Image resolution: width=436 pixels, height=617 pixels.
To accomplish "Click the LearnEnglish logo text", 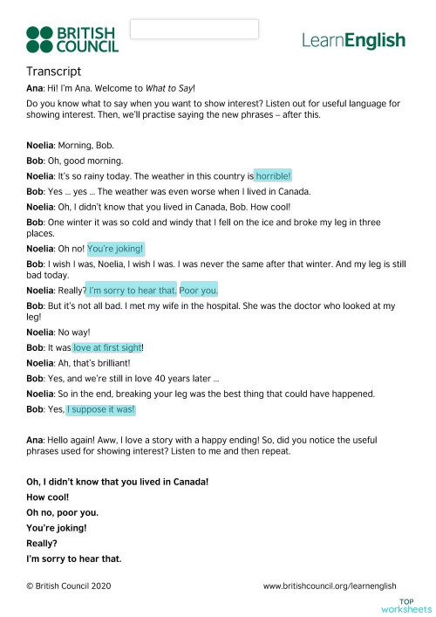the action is click(x=353, y=40).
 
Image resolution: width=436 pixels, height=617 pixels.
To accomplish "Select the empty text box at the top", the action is click(x=194, y=29).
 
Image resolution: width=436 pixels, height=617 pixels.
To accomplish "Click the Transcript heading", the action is click(x=54, y=72).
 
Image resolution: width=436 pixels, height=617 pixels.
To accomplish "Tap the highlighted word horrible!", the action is click(x=273, y=175).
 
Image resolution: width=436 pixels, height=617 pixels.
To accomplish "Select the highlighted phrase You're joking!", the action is click(x=115, y=248).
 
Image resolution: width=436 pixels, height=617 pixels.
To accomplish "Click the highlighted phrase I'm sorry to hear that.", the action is click(x=133, y=290).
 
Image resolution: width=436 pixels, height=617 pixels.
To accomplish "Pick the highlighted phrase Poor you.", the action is click(x=199, y=290).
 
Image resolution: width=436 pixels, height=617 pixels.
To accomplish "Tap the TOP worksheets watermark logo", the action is click(x=414, y=605).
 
